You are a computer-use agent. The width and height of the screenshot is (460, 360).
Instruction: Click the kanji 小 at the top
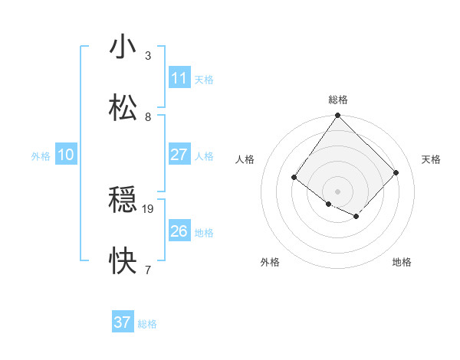click(123, 47)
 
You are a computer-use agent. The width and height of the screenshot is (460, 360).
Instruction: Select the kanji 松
click(123, 108)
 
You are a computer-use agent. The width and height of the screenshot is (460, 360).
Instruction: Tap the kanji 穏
click(123, 201)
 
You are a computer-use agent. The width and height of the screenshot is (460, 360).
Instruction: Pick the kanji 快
click(123, 261)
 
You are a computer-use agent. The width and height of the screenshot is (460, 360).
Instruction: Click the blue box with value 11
click(179, 78)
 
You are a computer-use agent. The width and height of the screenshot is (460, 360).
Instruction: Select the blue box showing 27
click(179, 155)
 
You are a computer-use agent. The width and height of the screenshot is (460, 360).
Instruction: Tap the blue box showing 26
click(179, 231)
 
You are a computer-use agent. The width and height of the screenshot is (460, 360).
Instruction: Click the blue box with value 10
click(66, 155)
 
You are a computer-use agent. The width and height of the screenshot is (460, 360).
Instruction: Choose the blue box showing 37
click(123, 322)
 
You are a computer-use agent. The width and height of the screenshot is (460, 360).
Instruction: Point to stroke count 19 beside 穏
click(149, 208)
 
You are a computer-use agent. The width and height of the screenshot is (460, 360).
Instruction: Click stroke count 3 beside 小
click(148, 55)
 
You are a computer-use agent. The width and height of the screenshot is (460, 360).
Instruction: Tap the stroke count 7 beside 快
click(148, 269)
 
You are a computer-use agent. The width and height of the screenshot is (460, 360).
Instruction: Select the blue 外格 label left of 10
click(41, 156)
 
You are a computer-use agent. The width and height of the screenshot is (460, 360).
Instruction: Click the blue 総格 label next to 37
click(147, 324)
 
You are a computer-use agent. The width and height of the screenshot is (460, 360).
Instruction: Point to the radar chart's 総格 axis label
click(338, 100)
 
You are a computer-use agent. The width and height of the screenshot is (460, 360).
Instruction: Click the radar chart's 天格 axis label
click(432, 159)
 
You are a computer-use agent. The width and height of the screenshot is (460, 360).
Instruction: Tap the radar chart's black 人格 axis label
click(245, 159)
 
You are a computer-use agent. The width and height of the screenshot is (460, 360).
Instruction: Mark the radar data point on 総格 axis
click(337, 116)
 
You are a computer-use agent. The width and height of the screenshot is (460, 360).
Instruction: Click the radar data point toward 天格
click(396, 172)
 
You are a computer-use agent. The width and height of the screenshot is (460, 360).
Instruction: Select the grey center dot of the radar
click(337, 191)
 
